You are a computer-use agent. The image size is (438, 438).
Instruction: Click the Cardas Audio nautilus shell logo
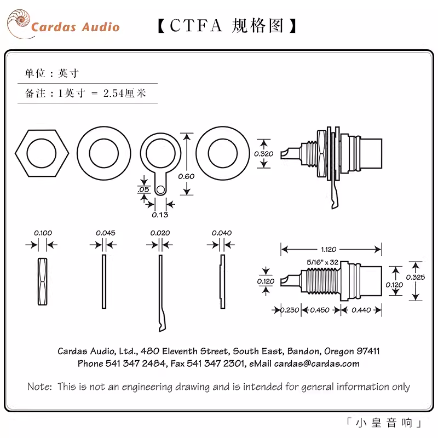pos(19,24)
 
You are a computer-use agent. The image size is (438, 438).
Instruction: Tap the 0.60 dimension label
pos(186,176)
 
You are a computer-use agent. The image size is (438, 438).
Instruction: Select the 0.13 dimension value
pos(160,215)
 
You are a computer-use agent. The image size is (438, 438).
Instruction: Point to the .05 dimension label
pos(143,189)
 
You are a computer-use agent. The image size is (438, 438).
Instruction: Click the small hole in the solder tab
pos(160,190)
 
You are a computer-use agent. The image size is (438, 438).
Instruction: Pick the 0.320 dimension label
pos(264,154)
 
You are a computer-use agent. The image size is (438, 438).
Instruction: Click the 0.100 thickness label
pos(43,233)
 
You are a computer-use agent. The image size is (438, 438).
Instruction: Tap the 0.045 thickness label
pos(106,233)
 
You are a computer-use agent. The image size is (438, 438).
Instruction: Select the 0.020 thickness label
pos(160,233)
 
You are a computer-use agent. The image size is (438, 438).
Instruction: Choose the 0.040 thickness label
pos(222,233)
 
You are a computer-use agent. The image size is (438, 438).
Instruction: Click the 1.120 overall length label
pos(328,250)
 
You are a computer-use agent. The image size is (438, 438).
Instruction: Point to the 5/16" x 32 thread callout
pos(322,262)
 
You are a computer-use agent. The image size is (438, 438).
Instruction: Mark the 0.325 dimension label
pos(416,278)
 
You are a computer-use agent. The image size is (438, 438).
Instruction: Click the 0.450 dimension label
pos(320,310)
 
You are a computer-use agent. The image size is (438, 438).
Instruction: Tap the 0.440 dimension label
pos(361,310)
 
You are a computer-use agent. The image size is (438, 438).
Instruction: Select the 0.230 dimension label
pos(290,310)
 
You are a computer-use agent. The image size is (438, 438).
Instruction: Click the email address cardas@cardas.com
pos(317,364)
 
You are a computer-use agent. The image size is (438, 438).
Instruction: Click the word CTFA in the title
pos(195,26)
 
